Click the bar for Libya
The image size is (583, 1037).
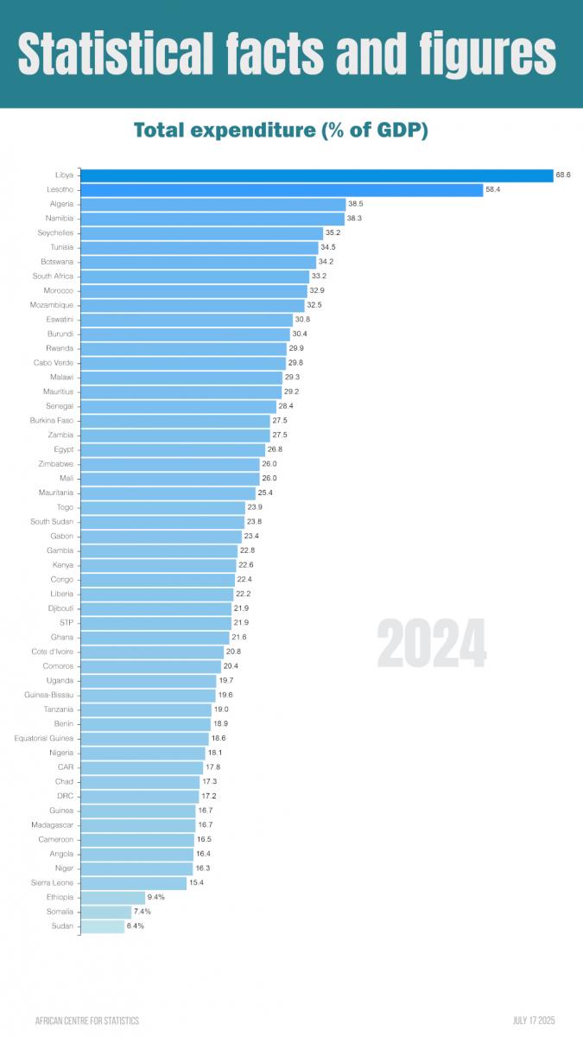tap(316, 175)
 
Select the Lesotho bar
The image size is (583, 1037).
tap(282, 190)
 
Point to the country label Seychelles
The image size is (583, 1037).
tap(55, 233)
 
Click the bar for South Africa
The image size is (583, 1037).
tap(194, 277)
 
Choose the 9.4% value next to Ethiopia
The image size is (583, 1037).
tap(156, 897)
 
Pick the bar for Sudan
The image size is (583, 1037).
tap(102, 926)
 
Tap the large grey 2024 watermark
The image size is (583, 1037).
tap(431, 644)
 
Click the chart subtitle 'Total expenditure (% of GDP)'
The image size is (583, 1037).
tap(282, 130)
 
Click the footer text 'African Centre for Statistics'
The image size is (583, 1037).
tap(86, 1021)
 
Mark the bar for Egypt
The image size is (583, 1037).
tap(173, 449)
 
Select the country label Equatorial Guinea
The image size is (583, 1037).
tap(44, 738)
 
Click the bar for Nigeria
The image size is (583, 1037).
tap(143, 753)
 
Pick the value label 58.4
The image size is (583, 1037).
tap(493, 190)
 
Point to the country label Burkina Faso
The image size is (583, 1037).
tap(53, 421)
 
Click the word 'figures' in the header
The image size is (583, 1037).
tap(487, 55)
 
